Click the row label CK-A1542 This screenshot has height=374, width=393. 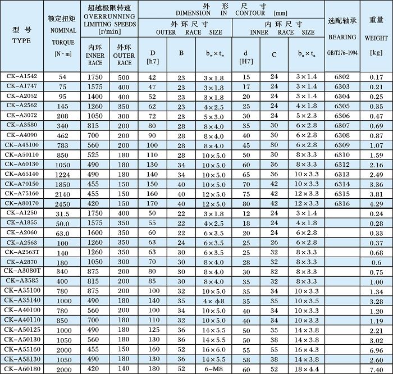21,76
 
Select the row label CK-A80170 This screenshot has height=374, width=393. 21,203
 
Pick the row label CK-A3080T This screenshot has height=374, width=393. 21,271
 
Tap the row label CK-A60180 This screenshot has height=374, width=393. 21,368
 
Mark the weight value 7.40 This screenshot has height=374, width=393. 377,369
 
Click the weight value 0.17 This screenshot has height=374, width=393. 377,76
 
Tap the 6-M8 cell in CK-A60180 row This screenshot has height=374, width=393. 213,369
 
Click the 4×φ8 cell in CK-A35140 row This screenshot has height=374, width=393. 213,301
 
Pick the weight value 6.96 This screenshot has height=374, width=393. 377,349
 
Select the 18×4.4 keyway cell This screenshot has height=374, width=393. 307,369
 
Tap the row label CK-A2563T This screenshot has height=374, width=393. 21,252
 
